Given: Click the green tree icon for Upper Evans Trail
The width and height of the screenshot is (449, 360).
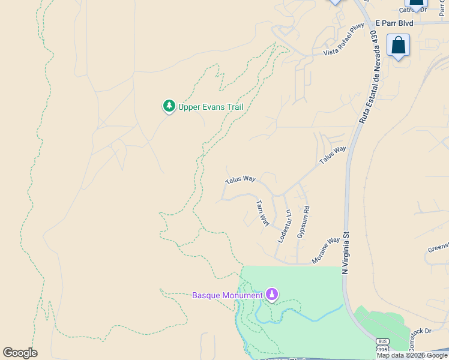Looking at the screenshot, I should [169, 106].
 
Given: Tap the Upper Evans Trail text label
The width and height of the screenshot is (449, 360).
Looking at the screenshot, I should [211, 107].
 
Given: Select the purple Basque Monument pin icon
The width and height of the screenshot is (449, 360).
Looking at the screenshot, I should [272, 294].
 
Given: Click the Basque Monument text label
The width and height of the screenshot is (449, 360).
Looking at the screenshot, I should [228, 295].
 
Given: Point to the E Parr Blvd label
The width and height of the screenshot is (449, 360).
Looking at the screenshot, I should [394, 23].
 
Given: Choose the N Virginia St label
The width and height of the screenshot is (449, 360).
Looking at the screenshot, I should [345, 253].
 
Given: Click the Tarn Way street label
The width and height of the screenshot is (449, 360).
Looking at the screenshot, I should [263, 212].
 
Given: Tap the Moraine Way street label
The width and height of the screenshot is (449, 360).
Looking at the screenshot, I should [326, 251].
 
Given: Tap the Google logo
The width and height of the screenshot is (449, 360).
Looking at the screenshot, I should [20, 353].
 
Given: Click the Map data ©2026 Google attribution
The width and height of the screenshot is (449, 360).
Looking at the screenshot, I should [412, 355].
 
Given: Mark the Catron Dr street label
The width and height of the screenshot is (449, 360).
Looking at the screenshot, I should [414, 10].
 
